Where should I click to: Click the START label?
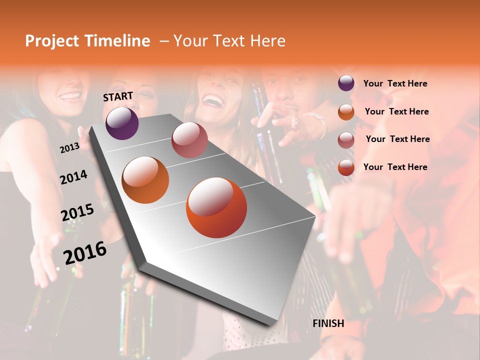click(x=118, y=96)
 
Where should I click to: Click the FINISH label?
click(x=328, y=323)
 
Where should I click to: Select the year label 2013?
click(x=69, y=147)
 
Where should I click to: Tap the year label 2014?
click(x=73, y=177)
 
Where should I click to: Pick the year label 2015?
click(x=77, y=212)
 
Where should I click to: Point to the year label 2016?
click(x=85, y=252)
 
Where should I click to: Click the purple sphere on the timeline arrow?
click(x=122, y=123)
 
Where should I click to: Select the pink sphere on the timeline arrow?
click(x=189, y=140)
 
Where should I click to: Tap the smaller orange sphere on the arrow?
click(x=145, y=180)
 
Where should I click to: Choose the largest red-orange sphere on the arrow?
click(x=216, y=207)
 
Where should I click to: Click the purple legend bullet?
click(x=346, y=83)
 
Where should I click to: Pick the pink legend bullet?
click(x=346, y=139)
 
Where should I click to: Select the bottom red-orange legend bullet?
click(x=346, y=167)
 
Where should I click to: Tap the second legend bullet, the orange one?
click(x=346, y=111)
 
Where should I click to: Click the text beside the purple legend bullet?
click(x=395, y=83)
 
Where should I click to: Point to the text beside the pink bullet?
click(x=397, y=139)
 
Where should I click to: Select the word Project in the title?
click(x=51, y=41)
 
